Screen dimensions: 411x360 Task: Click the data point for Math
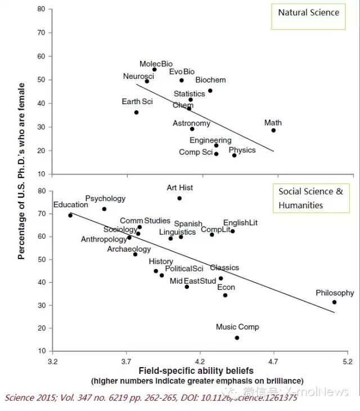pyautogui.click(x=273, y=130)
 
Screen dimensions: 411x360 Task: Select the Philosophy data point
pyautogui.click(x=334, y=302)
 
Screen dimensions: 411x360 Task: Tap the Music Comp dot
pyautogui.click(x=237, y=338)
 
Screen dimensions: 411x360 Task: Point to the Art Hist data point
pyautogui.click(x=179, y=198)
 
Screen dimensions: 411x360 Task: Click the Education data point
pyautogui.click(x=70, y=215)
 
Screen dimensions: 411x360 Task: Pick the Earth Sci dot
pyautogui.click(x=136, y=113)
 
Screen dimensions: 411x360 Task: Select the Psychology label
pyautogui.click(x=105, y=199)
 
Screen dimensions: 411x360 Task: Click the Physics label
pyautogui.click(x=242, y=150)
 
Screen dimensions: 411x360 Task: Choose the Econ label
pyautogui.click(x=226, y=287)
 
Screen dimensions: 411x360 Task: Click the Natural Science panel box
pyautogui.click(x=309, y=16)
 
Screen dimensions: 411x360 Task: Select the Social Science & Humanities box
pyautogui.click(x=310, y=198)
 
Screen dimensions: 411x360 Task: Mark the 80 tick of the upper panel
pyautogui.click(x=41, y=10)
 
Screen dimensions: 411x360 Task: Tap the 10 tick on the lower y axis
pyautogui.click(x=41, y=351)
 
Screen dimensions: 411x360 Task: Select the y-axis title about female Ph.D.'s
pyautogui.click(x=22, y=171)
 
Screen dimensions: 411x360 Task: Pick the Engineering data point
pyautogui.click(x=216, y=145)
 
